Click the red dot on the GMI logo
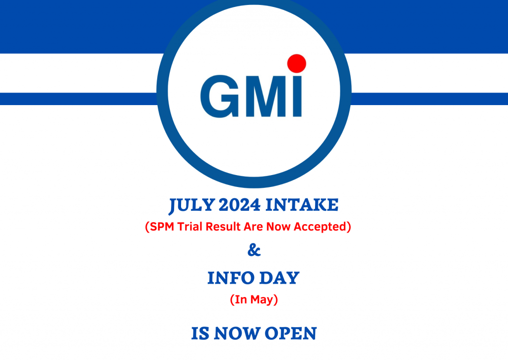[x=296, y=63]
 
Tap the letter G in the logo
[x=220, y=95]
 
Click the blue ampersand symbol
[x=254, y=251]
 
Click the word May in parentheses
[x=263, y=300]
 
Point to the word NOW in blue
[x=237, y=333]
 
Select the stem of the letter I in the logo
[x=296, y=97]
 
